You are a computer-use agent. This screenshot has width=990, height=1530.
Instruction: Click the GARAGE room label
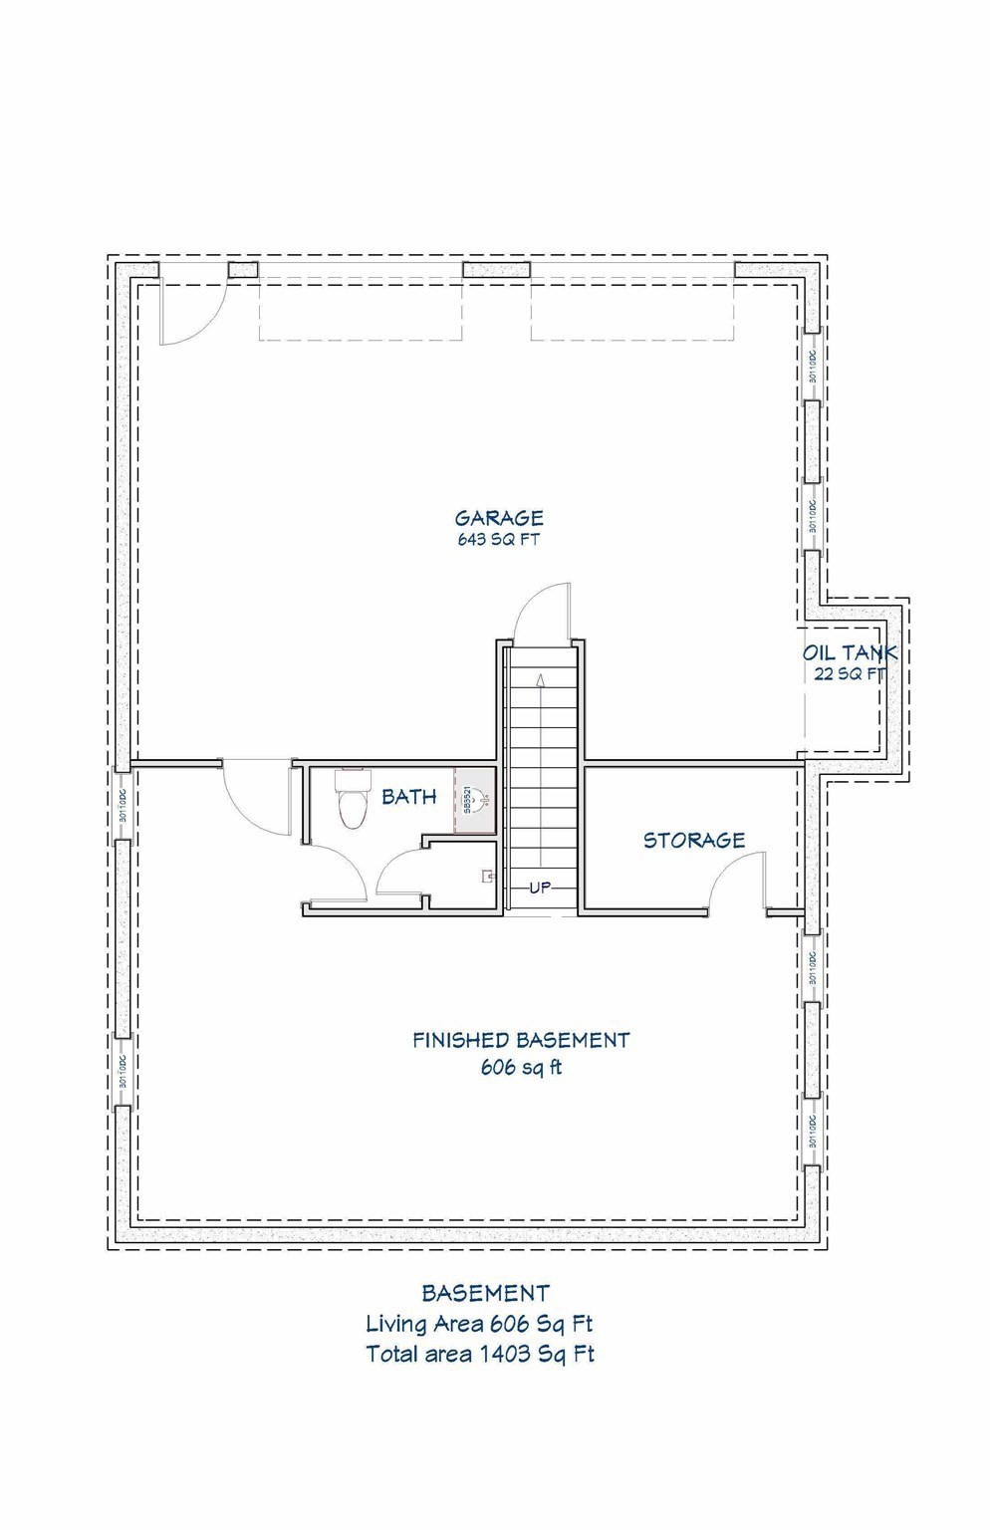pos(499,518)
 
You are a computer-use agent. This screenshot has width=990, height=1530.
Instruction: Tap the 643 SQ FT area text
pos(499,541)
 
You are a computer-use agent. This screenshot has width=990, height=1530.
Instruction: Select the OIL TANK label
pos(850,653)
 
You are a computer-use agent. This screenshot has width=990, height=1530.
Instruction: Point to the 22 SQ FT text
pos(850,674)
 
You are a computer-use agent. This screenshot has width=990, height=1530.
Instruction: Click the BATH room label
pos(409,797)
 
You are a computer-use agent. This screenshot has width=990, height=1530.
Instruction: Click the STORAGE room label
pos(694,841)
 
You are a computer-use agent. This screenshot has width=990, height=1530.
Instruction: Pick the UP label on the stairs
pos(540,888)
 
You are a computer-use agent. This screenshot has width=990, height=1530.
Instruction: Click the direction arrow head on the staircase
pos(540,681)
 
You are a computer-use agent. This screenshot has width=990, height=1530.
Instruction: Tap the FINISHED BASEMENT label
pos(521,1041)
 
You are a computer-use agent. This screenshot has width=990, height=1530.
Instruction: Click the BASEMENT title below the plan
pos(485,1294)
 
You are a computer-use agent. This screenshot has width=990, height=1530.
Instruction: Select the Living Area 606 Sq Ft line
pos(479,1324)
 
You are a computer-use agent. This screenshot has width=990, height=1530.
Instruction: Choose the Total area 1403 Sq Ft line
pos(479,1354)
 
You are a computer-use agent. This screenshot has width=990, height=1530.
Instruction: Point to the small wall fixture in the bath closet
pos(488,877)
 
